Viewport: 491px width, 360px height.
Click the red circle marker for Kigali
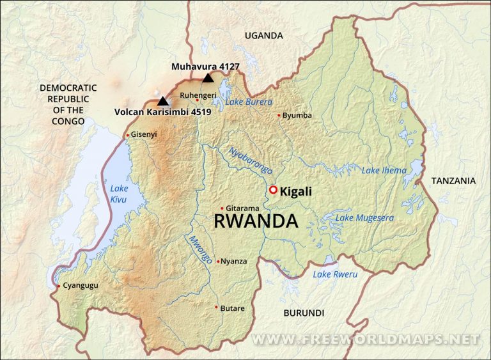[x=273, y=190]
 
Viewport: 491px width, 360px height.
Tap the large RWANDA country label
[x=255, y=222]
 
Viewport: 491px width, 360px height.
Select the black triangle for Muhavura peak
[x=207, y=78]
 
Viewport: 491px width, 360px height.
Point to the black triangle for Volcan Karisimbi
[x=163, y=100]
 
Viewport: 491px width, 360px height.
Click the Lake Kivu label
[x=119, y=194]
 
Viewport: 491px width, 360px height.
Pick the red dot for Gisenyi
[x=128, y=135]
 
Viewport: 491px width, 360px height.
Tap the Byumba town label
[x=297, y=115]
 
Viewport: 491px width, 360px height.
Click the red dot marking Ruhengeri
[x=198, y=100]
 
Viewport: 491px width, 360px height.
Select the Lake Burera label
[x=249, y=102]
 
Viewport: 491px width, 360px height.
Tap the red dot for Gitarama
[x=222, y=208]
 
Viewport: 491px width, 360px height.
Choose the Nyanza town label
[x=233, y=261]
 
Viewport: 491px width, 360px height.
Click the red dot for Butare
[x=217, y=308]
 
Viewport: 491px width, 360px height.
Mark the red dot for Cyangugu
[x=58, y=286]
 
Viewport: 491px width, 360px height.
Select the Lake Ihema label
[x=384, y=170]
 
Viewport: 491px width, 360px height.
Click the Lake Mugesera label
[x=364, y=218]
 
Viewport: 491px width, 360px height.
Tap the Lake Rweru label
[x=335, y=274]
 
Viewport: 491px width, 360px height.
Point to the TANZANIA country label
[x=453, y=181]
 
